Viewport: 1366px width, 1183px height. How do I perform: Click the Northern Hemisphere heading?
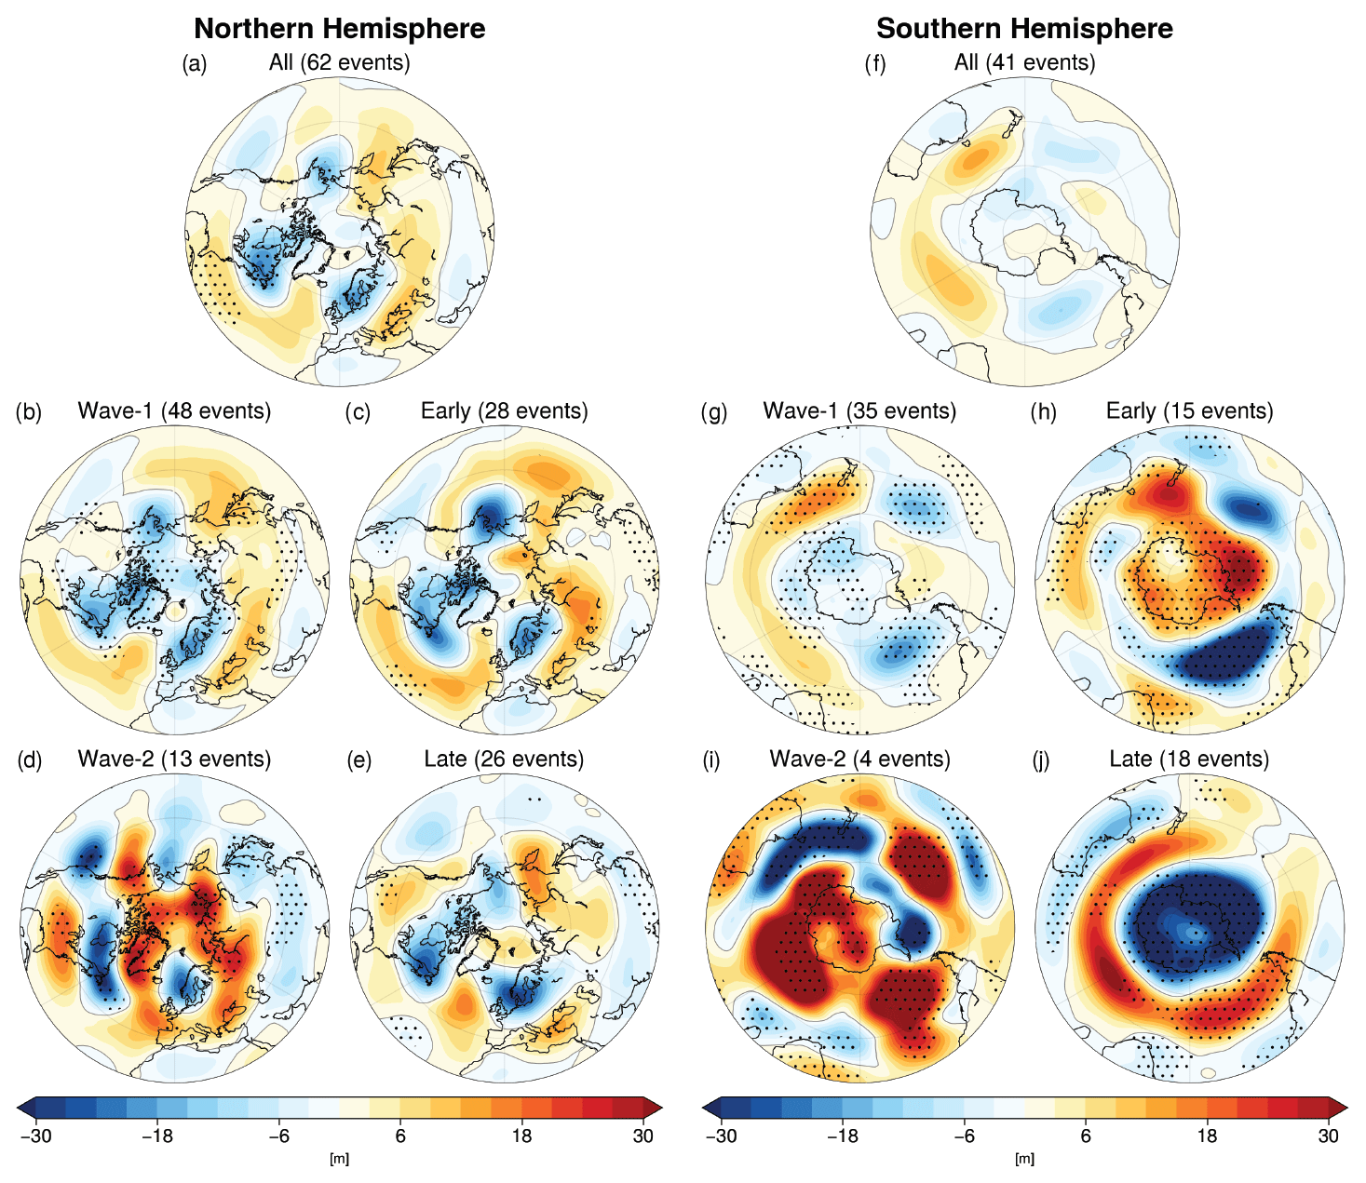point(339,29)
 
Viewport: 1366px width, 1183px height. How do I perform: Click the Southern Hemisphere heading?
point(1024,29)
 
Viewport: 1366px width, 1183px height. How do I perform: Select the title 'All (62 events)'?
point(340,62)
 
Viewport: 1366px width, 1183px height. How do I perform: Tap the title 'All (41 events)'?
point(1024,62)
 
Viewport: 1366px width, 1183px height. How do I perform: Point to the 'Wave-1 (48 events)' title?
point(174,410)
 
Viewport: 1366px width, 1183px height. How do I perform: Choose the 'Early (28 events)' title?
point(504,410)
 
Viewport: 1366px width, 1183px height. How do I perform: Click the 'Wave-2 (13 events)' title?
point(174,759)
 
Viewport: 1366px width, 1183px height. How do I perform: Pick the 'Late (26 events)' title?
point(504,759)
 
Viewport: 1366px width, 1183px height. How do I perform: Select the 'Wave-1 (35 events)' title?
point(859,410)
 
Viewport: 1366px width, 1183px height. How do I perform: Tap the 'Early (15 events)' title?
point(1189,410)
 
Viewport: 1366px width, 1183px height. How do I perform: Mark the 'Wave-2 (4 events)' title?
point(859,759)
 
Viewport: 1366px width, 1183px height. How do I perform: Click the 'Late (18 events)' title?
point(1189,759)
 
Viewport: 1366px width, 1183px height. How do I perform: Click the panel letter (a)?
point(195,63)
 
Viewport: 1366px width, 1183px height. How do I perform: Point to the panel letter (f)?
point(875,63)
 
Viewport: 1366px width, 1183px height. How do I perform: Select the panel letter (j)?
point(1043,760)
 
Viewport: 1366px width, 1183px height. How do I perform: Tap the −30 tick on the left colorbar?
point(35,1136)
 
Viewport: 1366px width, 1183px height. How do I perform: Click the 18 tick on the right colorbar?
point(1207,1136)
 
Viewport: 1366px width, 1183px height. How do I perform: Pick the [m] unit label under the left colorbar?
point(340,1159)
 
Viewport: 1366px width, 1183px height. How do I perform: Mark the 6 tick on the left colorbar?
point(400,1136)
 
